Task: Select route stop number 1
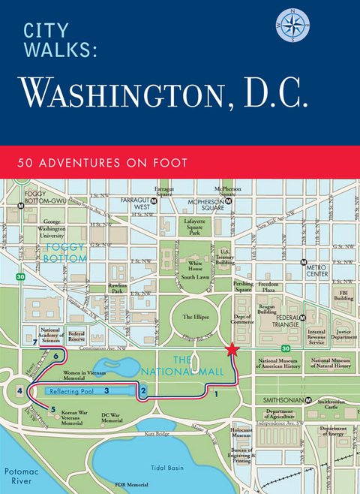[216, 393]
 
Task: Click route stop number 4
[19, 390]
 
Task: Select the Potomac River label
[19, 474]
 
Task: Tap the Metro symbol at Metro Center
[303, 264]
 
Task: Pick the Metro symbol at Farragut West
[153, 202]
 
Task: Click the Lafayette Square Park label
[194, 227]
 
